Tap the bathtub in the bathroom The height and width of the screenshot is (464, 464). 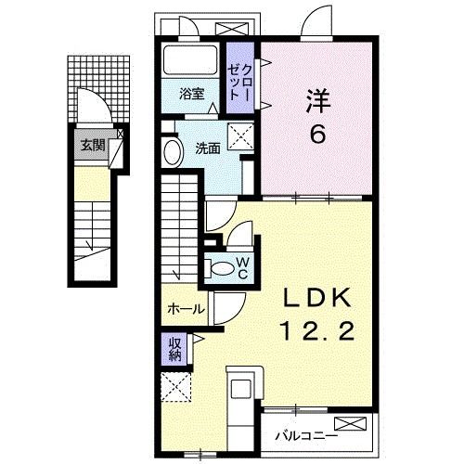(x=190, y=62)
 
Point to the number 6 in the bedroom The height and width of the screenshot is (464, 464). (x=317, y=135)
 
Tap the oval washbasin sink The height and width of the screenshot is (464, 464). (x=172, y=153)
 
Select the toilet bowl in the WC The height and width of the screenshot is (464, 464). (x=223, y=268)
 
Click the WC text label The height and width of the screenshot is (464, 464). (x=240, y=268)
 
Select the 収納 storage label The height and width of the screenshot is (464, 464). (x=175, y=349)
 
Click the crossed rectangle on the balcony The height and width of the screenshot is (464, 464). (x=354, y=425)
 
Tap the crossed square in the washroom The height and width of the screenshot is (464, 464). (x=242, y=140)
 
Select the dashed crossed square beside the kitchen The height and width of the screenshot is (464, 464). (x=175, y=386)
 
